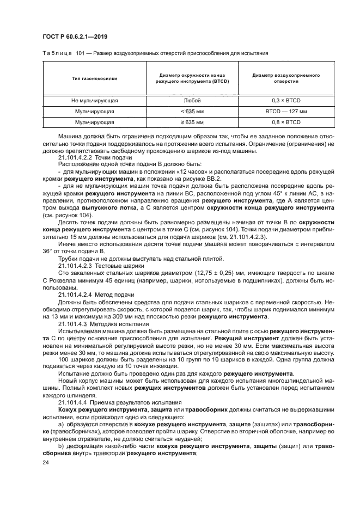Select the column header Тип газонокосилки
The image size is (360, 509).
(94, 78)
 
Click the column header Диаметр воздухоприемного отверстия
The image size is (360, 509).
(282, 78)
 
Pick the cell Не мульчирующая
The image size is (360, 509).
(94, 101)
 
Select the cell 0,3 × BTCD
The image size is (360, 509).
(282, 101)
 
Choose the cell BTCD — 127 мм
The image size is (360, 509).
(282, 112)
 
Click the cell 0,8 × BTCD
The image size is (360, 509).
(282, 122)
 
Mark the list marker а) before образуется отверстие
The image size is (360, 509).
(60, 424)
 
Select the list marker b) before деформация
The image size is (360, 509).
(60, 445)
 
